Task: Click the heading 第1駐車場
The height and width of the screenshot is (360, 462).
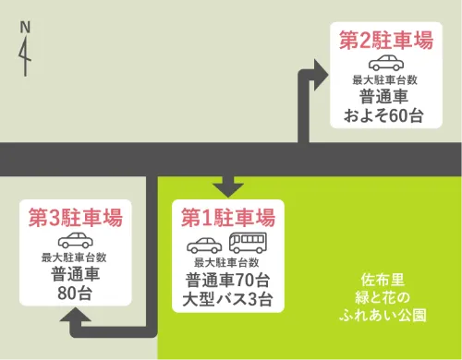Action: pos(227,219)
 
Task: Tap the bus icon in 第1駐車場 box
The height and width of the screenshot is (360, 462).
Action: pos(248,244)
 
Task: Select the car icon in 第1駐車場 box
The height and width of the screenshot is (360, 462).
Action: pos(206,245)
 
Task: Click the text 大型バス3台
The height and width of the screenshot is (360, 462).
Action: pos(227,300)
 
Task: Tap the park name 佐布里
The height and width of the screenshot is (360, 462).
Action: pos(382,280)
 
